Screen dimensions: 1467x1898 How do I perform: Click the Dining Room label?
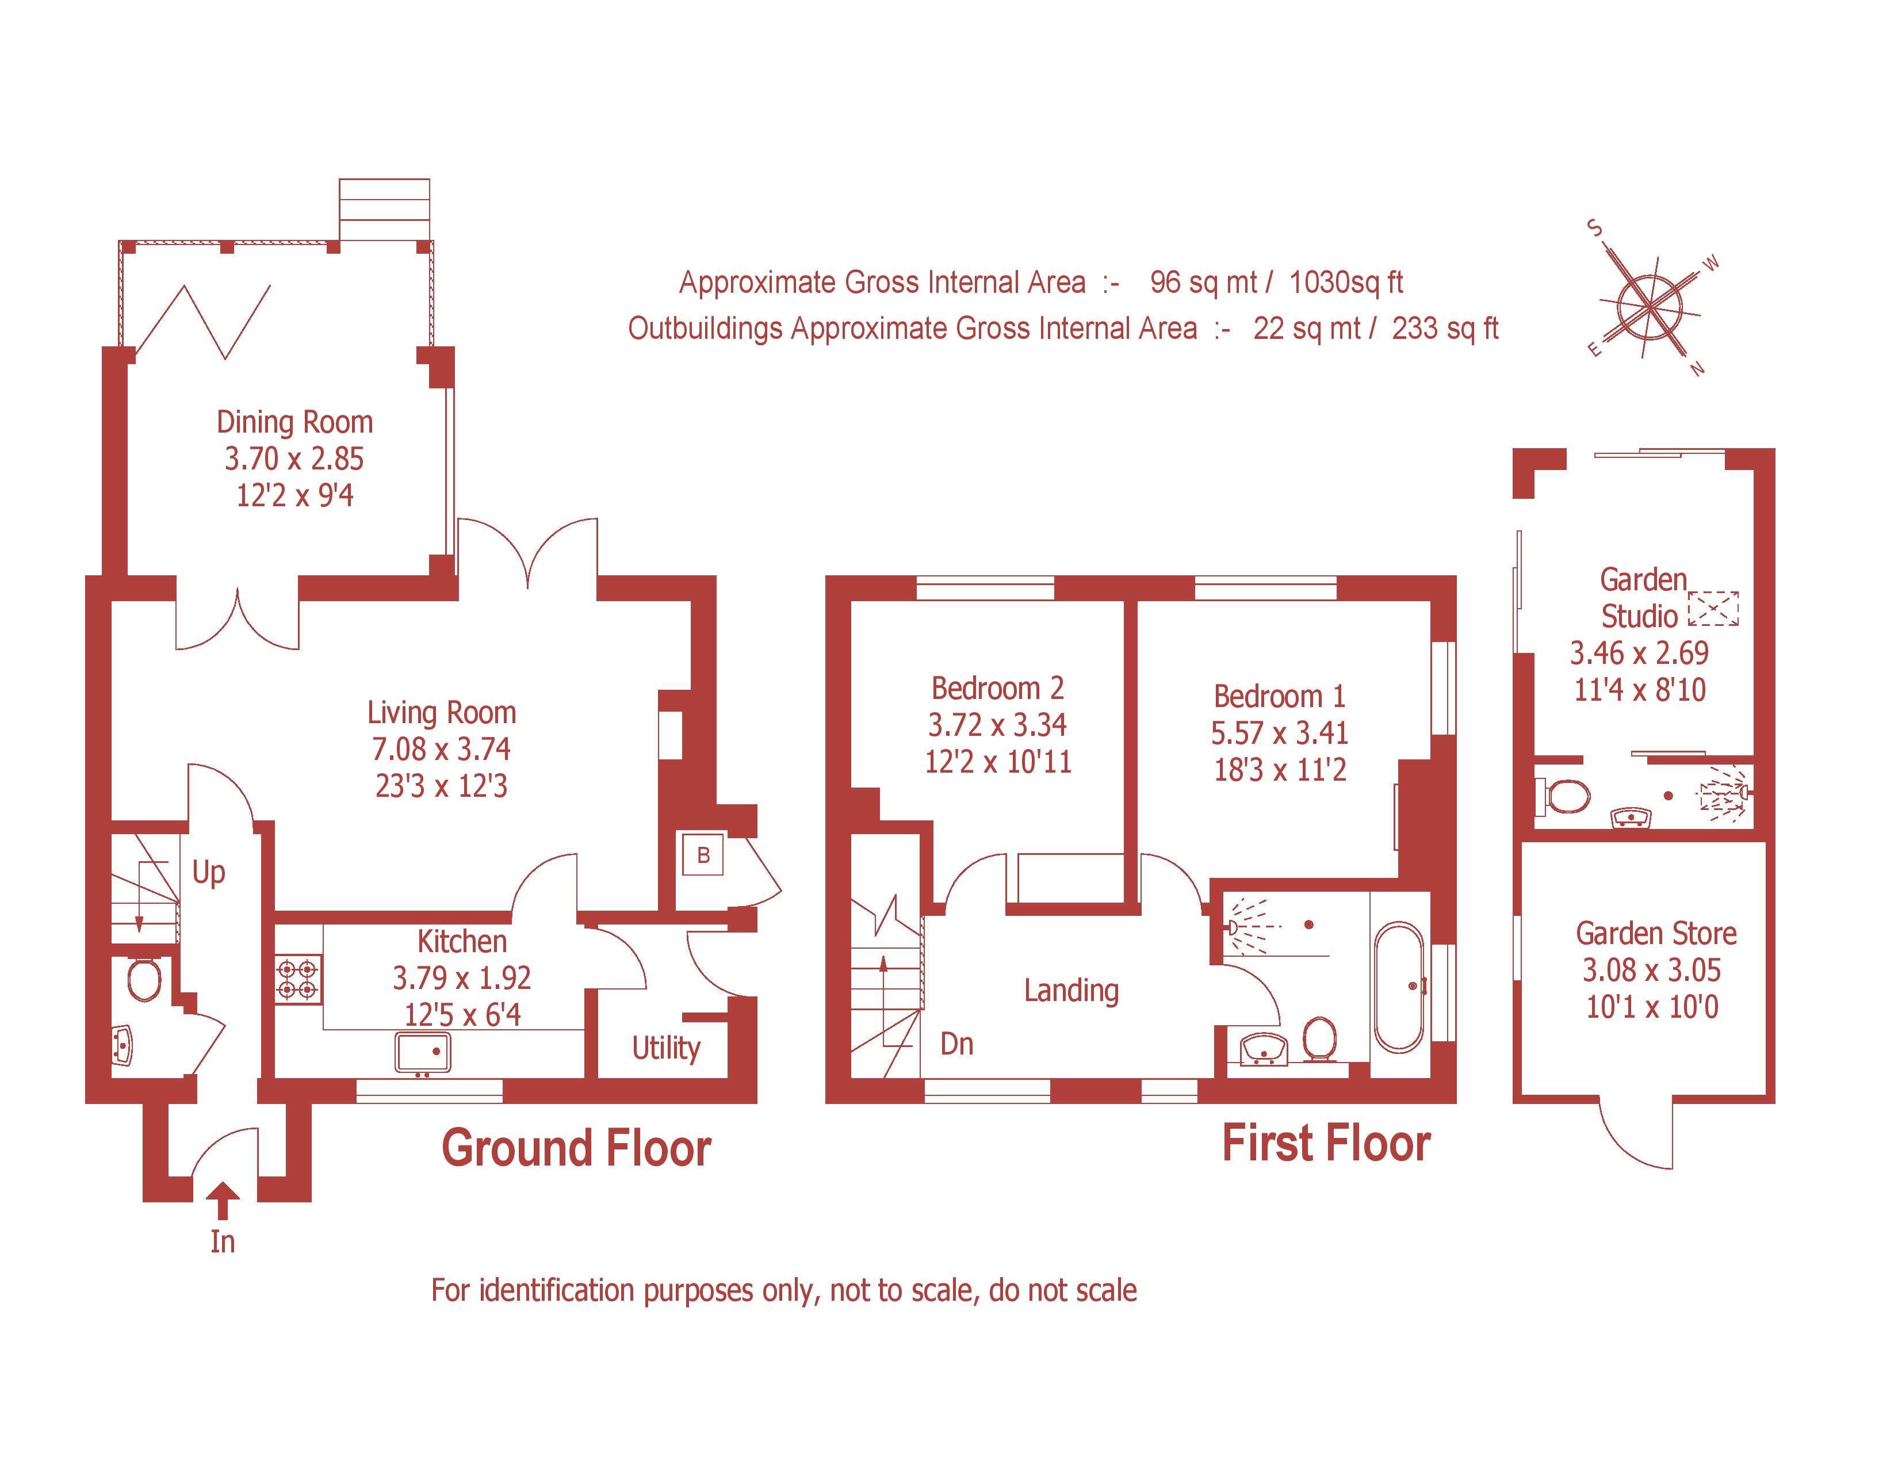point(294,422)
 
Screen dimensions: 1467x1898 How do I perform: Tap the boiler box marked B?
point(703,854)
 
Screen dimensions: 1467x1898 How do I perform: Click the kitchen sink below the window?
point(423,1052)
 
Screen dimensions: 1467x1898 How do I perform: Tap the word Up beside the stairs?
point(209,872)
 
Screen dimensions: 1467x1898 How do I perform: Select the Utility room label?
point(665,1048)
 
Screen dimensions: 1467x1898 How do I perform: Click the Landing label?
point(1071,990)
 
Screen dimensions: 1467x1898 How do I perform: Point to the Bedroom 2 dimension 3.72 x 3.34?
point(997,725)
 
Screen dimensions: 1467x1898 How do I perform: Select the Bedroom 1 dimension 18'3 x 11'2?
point(1279,770)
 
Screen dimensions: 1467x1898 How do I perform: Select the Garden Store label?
point(1655,933)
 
